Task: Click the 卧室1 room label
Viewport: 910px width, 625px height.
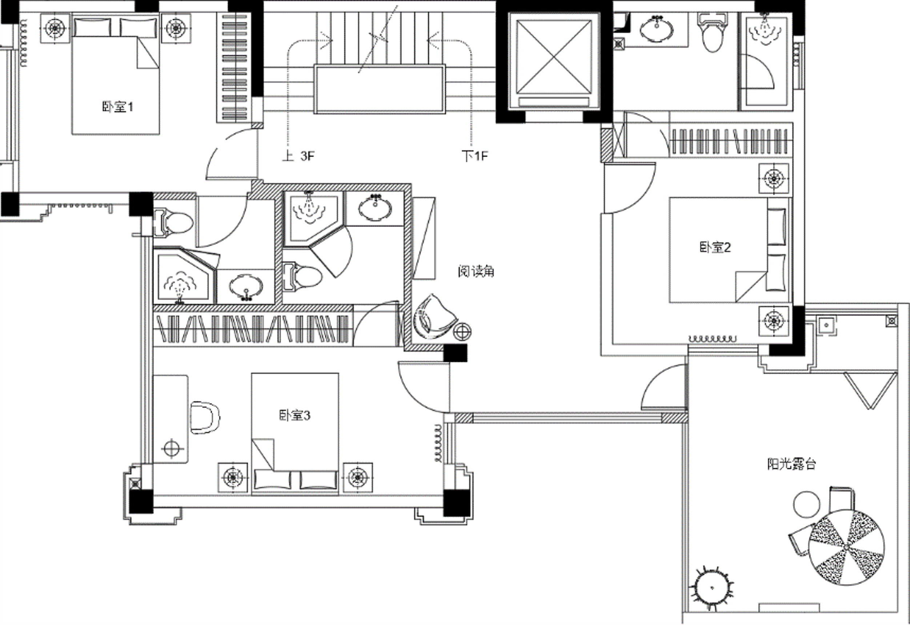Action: [x=117, y=107]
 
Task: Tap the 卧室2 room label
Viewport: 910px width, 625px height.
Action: [x=715, y=247]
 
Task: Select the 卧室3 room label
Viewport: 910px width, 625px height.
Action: [x=294, y=415]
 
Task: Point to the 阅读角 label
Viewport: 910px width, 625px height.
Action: [x=476, y=271]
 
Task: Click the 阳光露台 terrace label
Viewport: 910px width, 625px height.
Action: [x=791, y=464]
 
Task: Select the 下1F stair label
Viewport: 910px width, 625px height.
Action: [x=474, y=156]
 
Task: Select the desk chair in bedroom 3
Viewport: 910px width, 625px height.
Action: [x=205, y=417]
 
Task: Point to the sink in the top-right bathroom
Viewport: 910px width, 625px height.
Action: [x=657, y=29]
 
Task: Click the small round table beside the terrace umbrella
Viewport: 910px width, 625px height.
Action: [x=807, y=504]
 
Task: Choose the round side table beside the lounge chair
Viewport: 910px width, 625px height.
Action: [x=462, y=332]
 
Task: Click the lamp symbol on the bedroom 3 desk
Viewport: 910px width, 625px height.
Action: [x=172, y=448]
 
